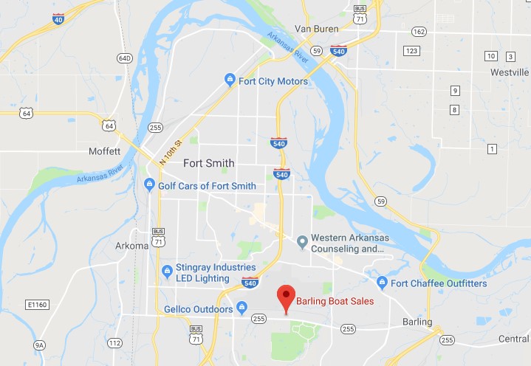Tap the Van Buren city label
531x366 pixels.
coord(316,29)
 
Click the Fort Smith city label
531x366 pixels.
coord(209,163)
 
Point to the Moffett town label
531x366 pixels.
coord(103,151)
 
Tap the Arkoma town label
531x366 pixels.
coord(132,246)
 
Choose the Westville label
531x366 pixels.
coord(510,72)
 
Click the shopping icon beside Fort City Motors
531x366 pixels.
coord(230,80)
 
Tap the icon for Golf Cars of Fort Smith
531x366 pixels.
coord(149,185)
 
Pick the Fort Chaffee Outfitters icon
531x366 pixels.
coord(382,283)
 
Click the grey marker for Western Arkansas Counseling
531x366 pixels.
coord(301,241)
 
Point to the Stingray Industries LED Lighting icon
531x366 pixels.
coord(167,272)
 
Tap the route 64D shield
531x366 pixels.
coord(125,58)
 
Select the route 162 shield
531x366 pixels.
coord(419,32)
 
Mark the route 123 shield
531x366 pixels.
coord(411,50)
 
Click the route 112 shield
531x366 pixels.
coord(114,343)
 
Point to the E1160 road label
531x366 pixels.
coord(36,304)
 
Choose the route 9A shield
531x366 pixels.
coord(39,345)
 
